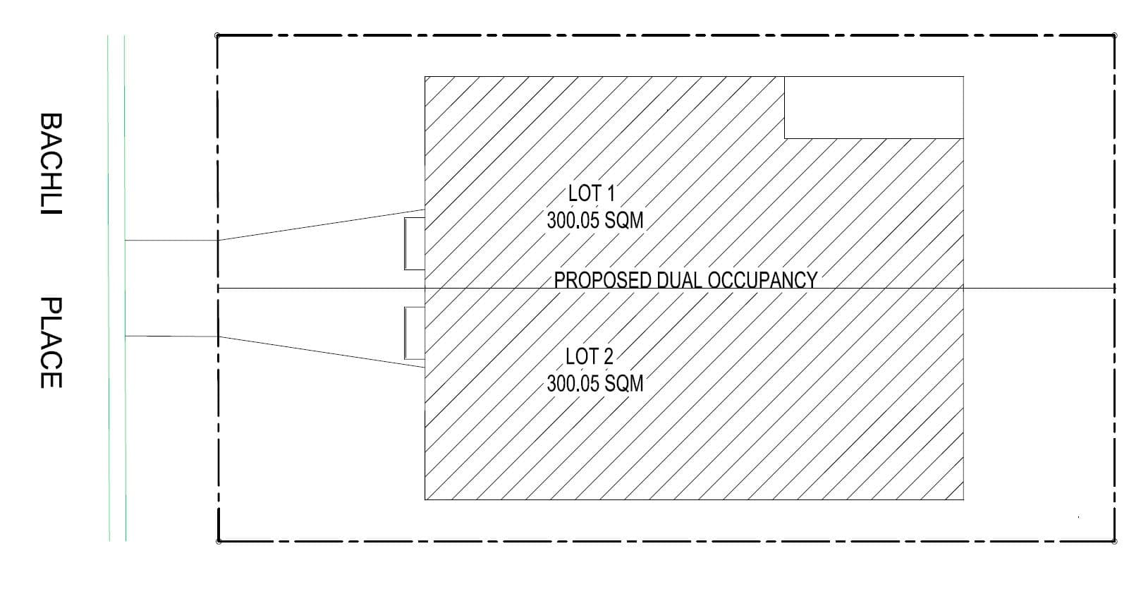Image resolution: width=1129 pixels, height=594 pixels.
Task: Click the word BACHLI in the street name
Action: click(x=51, y=164)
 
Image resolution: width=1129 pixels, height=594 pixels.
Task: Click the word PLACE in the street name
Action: click(x=51, y=342)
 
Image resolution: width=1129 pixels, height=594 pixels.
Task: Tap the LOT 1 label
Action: click(x=592, y=193)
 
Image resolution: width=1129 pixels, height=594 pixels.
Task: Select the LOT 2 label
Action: click(x=590, y=356)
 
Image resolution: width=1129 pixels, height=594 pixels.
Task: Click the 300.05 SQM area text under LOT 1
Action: click(x=595, y=220)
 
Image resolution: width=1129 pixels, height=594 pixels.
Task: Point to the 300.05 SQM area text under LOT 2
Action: click(x=595, y=384)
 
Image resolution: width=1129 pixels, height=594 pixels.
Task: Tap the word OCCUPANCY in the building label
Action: click(x=762, y=280)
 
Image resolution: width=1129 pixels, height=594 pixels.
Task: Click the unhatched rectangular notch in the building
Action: click(x=874, y=107)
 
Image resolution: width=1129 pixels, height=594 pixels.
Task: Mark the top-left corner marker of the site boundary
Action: click(x=217, y=35)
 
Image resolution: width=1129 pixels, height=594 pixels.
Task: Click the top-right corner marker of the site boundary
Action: click(x=1114, y=35)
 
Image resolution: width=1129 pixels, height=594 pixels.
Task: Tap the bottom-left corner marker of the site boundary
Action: click(x=218, y=542)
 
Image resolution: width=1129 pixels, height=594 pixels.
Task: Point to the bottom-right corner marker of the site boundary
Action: click(x=1114, y=542)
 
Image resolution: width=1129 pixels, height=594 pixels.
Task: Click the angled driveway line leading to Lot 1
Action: click(x=322, y=225)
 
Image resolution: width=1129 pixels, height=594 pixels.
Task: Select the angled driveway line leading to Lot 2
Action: click(x=322, y=352)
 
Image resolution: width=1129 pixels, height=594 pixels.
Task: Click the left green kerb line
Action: click(x=109, y=289)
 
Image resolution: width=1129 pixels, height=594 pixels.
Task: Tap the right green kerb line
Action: click(x=125, y=289)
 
